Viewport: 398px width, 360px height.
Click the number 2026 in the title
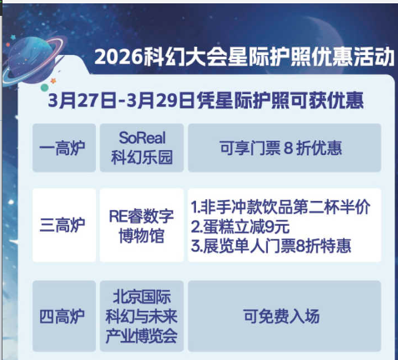point(117,57)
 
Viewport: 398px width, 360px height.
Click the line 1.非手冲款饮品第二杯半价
point(280,206)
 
